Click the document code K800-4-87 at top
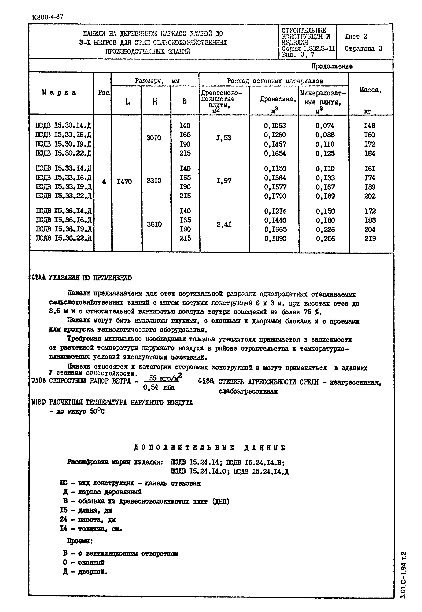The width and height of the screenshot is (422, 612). pyautogui.click(x=48, y=17)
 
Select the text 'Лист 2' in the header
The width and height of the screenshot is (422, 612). pyautogui.click(x=356, y=36)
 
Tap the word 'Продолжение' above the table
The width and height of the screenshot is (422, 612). pyautogui.click(x=332, y=66)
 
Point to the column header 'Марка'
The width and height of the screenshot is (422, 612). pyautogui.click(x=59, y=92)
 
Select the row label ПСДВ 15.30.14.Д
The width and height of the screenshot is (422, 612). pyautogui.click(x=63, y=125)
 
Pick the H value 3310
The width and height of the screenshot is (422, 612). pyautogui.click(x=154, y=181)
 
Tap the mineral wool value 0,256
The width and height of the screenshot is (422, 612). pyautogui.click(x=325, y=239)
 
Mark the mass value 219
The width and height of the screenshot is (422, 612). pyautogui.click(x=370, y=239)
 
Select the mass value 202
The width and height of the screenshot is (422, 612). pyautogui.click(x=370, y=196)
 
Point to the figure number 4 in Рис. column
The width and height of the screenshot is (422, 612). pyautogui.click(x=104, y=182)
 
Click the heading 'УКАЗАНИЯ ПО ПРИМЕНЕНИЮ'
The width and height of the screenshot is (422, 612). pyautogui.click(x=90, y=278)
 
